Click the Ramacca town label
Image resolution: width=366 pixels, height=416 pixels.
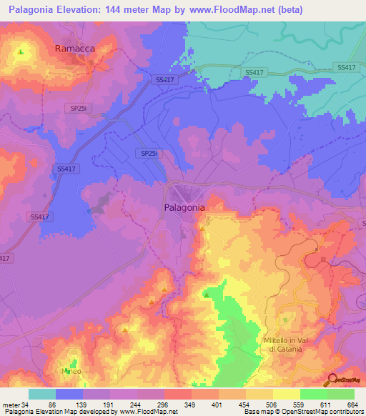pyautogui.click(x=75, y=49)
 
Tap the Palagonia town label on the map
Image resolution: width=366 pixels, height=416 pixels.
pyautogui.click(x=181, y=207)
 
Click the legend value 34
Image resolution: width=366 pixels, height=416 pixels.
pyautogui.click(x=29, y=404)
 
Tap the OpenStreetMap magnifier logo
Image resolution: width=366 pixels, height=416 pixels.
pyautogui.click(x=331, y=379)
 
